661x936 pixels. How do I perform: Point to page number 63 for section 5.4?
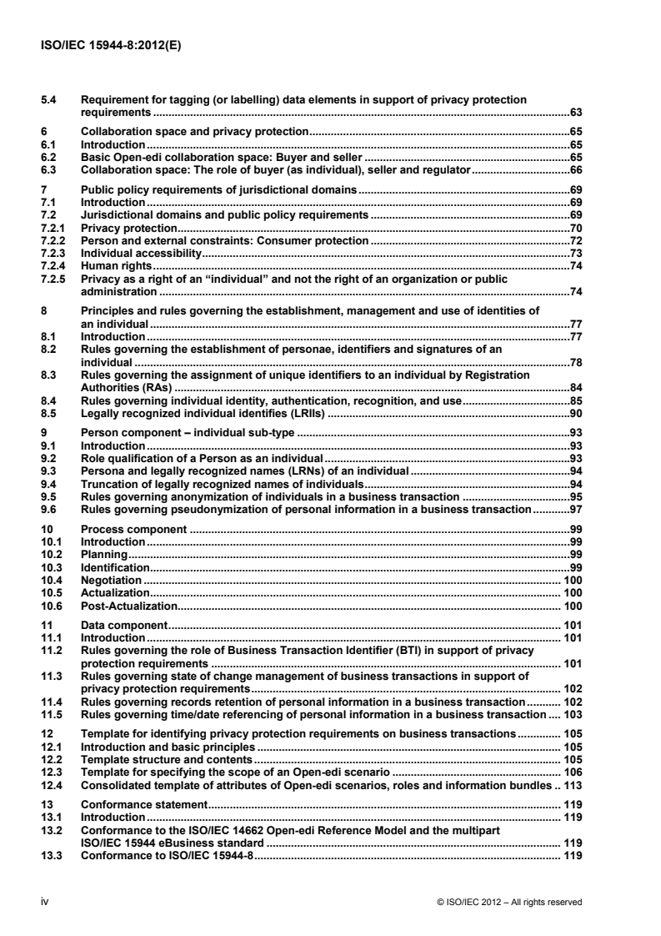pyautogui.click(x=574, y=111)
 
